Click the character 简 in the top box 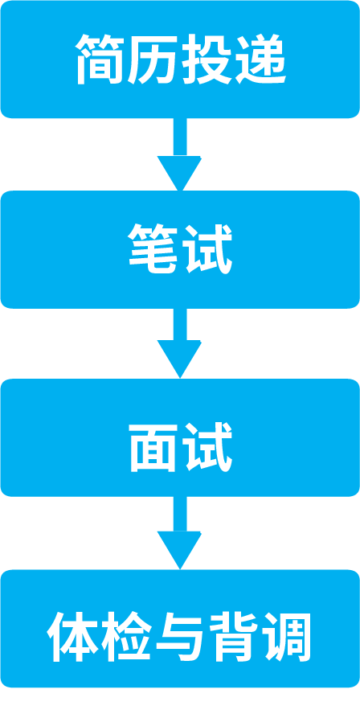(101, 59)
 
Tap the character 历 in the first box (153, 59)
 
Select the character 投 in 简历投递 (207, 59)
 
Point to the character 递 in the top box (260, 59)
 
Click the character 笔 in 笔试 (153, 249)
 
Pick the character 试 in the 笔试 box (207, 249)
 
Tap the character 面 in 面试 (153, 448)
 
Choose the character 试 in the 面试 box (207, 448)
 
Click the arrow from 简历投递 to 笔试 (180, 154)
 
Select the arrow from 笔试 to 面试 (180, 343)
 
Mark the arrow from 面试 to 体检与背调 (180, 533)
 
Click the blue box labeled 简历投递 (180, 59)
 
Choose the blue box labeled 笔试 (180, 249)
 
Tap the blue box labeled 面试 (180, 437)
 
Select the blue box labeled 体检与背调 (180, 629)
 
